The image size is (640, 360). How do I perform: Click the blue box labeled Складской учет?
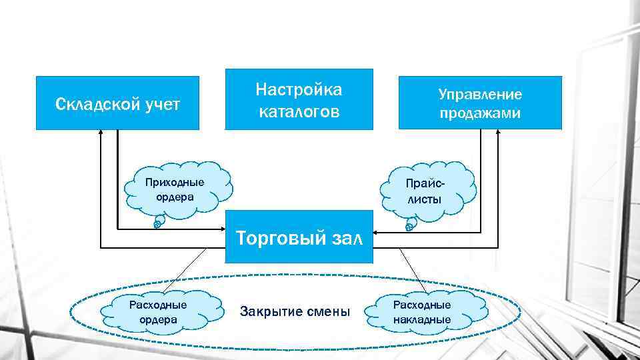[117, 103]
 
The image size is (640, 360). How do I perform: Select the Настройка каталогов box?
[299, 99]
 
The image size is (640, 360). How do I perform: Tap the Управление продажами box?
[480, 103]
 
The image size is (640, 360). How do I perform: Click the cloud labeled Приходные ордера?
[176, 189]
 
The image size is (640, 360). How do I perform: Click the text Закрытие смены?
[295, 311]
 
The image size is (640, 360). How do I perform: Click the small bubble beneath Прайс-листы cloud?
[409, 226]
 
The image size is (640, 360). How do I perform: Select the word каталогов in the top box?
[299, 111]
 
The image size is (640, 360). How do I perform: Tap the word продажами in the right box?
[480, 113]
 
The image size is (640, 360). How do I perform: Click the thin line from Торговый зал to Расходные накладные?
[413, 270]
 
